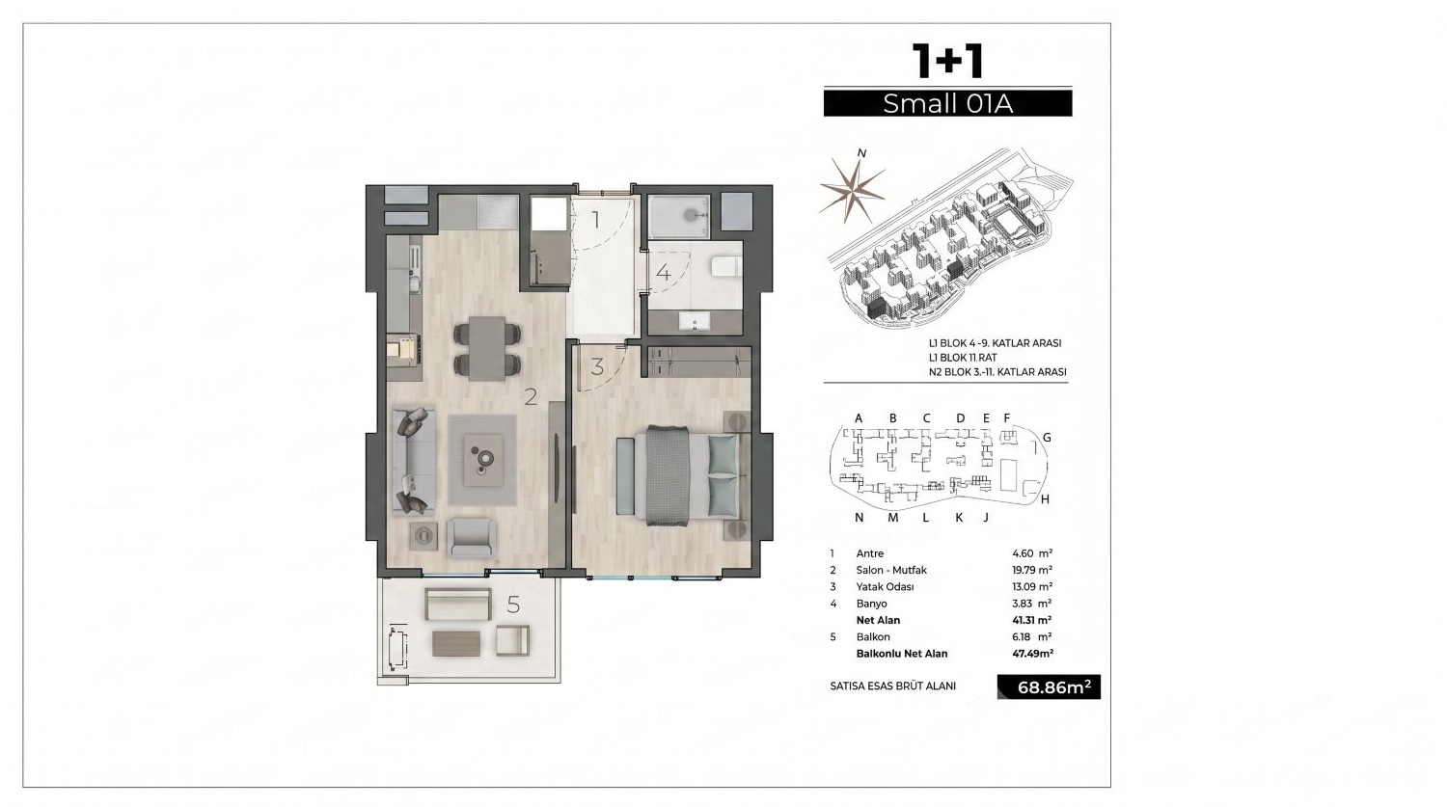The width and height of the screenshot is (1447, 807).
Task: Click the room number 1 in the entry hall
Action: point(595,220)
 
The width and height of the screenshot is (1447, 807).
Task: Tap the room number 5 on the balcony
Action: point(513,605)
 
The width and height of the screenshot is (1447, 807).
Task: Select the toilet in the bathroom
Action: point(727,266)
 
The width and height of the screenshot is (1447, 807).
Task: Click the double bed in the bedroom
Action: point(686,472)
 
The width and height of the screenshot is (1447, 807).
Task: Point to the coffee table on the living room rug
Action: point(483,459)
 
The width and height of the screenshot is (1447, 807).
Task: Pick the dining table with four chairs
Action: point(488,347)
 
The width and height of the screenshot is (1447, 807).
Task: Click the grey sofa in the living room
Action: point(414,460)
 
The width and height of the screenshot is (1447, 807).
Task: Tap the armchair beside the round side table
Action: point(473,537)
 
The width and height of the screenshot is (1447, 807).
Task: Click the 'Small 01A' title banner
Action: point(947,103)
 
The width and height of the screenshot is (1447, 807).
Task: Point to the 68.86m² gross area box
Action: point(1050,686)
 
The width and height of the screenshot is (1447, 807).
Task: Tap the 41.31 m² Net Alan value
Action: point(1032,620)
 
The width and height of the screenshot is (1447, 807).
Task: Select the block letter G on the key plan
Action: point(1047,438)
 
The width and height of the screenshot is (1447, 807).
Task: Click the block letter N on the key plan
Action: point(859,517)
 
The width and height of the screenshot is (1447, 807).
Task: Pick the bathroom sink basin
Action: point(695,321)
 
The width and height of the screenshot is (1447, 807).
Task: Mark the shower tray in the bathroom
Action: point(679,217)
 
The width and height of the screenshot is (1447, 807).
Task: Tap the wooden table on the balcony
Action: point(456,644)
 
